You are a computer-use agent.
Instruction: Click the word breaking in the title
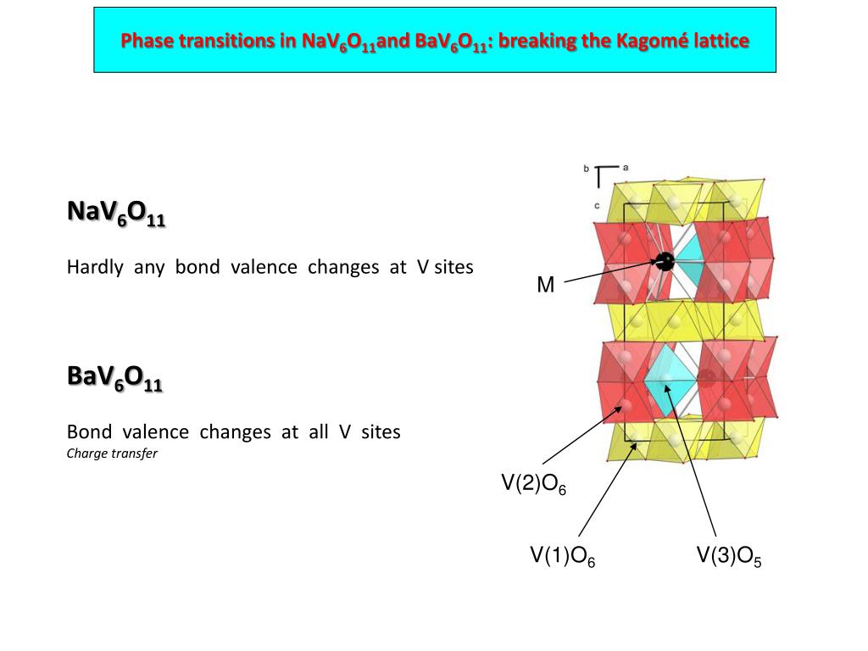click(534, 40)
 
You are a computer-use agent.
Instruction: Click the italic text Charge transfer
click(112, 453)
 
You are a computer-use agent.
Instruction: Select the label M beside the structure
click(545, 286)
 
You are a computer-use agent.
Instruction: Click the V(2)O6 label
click(533, 484)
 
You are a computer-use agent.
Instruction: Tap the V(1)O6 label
click(562, 556)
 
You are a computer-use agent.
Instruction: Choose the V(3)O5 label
click(729, 556)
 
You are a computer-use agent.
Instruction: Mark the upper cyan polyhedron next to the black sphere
click(692, 259)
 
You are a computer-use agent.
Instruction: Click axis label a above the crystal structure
click(626, 167)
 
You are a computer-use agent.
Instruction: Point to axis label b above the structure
click(586, 169)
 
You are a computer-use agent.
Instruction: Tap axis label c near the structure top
click(597, 205)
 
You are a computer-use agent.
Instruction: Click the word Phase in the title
click(144, 40)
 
